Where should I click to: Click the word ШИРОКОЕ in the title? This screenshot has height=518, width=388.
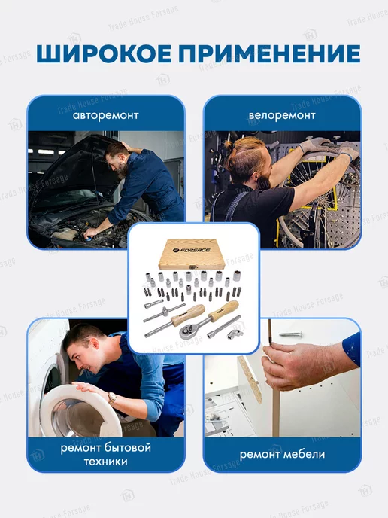104,53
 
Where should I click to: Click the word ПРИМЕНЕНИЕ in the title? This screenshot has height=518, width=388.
269,53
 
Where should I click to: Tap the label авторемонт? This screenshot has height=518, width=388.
105,116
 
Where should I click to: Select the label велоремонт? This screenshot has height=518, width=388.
282,116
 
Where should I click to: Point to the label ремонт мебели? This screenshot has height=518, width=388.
282,455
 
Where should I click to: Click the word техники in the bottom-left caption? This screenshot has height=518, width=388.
105,462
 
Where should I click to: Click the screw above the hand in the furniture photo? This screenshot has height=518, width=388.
290,334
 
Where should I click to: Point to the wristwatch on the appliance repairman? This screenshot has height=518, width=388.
112,398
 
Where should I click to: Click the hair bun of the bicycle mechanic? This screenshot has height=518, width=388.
229,145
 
